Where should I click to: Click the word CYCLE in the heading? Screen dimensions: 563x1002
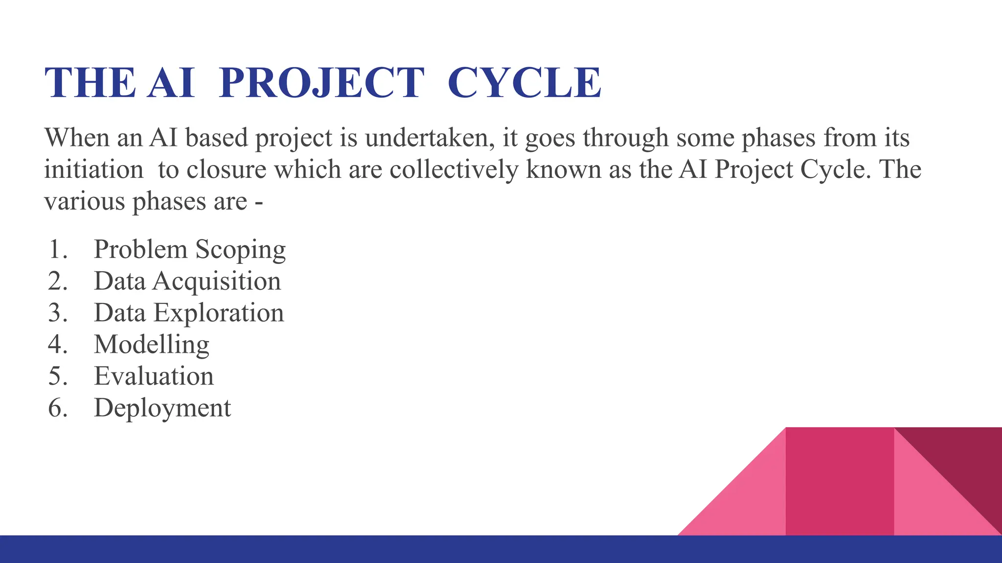click(x=524, y=83)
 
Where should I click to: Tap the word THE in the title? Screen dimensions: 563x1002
click(x=90, y=83)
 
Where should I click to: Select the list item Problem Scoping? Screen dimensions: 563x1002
click(x=189, y=249)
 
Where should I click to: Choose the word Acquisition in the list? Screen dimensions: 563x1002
click(x=217, y=281)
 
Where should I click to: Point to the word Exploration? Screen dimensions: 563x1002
click(x=219, y=313)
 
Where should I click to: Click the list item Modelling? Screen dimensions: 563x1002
click(x=152, y=345)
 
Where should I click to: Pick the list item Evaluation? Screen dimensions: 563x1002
click(x=154, y=376)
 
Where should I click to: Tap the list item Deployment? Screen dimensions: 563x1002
click(x=162, y=408)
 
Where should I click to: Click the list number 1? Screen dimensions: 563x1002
click(x=57, y=249)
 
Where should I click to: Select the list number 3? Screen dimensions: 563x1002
click(x=57, y=313)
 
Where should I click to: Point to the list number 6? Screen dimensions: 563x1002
click(x=57, y=408)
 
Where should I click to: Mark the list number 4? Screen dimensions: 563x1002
click(x=57, y=345)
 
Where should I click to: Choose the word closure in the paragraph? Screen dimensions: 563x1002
click(x=226, y=170)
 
